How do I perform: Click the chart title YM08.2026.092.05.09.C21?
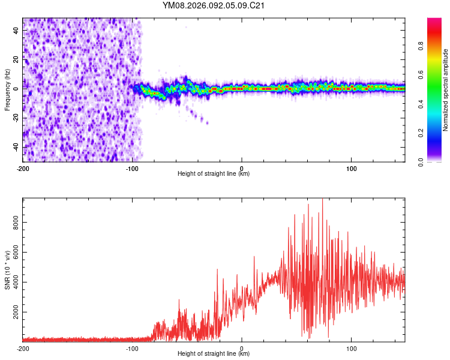pos(214,5)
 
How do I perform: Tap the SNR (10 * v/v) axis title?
pos(7,269)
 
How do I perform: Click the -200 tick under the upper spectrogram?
pos(23,167)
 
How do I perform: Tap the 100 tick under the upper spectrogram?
pos(351,167)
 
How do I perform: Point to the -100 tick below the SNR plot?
pos(132,348)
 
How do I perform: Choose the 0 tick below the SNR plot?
pos(242,348)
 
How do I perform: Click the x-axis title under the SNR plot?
pos(214,355)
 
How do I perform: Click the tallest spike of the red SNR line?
pos(323,200)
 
